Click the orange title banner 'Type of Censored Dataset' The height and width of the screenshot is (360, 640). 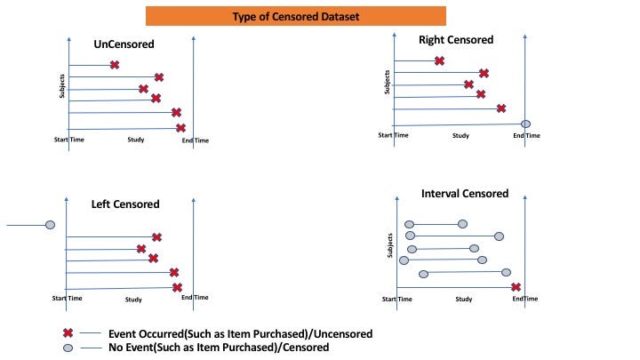coord(295,16)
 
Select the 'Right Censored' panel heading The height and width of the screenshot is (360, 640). coord(455,40)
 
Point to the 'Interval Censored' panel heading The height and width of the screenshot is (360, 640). coord(465,194)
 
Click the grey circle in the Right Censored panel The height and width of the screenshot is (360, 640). coord(525,123)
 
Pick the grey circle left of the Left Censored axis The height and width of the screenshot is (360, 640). coord(50,226)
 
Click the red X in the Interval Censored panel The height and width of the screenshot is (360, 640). coord(516,287)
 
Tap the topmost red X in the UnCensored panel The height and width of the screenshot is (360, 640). coord(115,65)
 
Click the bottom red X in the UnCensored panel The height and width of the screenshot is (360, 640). coord(180,128)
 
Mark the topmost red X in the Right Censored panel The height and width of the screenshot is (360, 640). coord(439,60)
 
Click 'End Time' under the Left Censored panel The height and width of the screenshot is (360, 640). coord(195,298)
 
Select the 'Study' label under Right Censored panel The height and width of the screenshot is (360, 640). coord(460,135)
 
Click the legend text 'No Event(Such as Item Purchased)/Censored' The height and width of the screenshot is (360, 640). coord(219,348)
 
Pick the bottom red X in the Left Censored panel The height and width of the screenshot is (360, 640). coord(177,287)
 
